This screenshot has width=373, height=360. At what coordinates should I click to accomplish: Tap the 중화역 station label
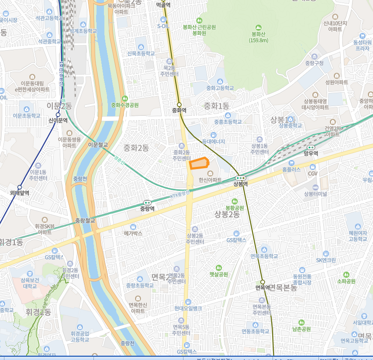(179, 111)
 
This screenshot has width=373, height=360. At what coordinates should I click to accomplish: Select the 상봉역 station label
(240, 184)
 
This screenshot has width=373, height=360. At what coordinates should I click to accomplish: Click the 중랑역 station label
(148, 209)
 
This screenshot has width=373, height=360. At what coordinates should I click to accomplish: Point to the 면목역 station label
(263, 287)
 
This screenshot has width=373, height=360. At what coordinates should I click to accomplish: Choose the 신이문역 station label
(58, 120)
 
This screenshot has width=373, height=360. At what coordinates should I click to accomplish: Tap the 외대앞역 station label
(19, 192)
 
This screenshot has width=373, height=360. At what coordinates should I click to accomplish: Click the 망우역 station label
(311, 153)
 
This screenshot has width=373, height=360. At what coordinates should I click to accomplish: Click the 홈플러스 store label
(291, 169)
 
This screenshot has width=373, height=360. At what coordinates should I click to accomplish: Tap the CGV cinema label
(313, 173)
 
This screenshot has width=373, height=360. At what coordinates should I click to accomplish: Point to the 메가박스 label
(133, 233)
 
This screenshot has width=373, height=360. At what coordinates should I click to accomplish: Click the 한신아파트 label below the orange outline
(210, 180)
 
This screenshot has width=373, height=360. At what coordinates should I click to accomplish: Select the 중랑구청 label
(314, 63)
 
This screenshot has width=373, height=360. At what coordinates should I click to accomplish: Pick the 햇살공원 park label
(219, 274)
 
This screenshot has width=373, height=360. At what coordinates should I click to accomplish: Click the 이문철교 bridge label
(98, 145)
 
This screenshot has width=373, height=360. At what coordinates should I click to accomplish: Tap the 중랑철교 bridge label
(85, 221)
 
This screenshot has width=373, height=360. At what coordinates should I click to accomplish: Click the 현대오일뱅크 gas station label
(188, 308)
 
